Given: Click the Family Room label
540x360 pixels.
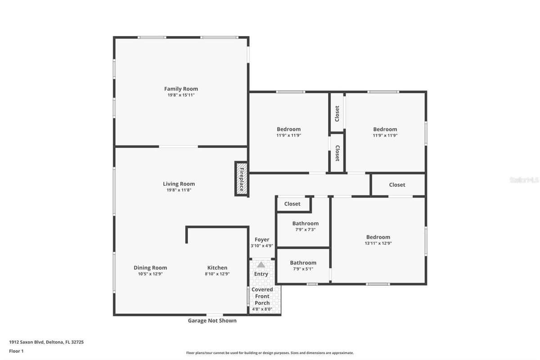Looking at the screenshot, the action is pos(181,89).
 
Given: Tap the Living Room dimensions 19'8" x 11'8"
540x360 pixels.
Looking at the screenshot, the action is pos(179,190).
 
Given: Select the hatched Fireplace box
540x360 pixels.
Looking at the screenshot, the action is pos(241,179).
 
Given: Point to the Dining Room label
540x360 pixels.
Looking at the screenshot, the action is pos(150,268).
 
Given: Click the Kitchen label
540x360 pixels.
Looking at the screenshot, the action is pos(217,268).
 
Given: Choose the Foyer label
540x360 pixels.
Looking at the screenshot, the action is pos(262,239).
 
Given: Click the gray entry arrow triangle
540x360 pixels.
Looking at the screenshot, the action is pos(261,265).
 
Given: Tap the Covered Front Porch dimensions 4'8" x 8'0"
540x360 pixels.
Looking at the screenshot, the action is pos(262,309).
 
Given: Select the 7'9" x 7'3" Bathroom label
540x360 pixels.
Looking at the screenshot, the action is pos(306,224).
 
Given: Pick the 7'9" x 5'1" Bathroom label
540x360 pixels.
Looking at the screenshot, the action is pos(303,263).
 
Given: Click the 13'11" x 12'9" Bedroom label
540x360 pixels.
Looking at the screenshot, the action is pos(378,237).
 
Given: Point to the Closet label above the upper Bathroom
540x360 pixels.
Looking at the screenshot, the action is pos(292,204).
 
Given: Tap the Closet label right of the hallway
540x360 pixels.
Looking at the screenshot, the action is pos(397,184).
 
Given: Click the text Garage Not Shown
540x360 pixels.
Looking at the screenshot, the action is pos(212,320).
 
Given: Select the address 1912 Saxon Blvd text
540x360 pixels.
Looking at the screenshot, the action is pos(27,342).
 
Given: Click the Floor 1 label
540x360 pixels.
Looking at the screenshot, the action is pos(16,351).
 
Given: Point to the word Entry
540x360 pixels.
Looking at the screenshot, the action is pos(261,274).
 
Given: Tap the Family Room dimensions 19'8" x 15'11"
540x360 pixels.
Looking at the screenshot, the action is pos(181,95).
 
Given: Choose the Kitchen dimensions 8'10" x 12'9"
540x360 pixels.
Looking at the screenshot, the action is pos(217,274).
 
